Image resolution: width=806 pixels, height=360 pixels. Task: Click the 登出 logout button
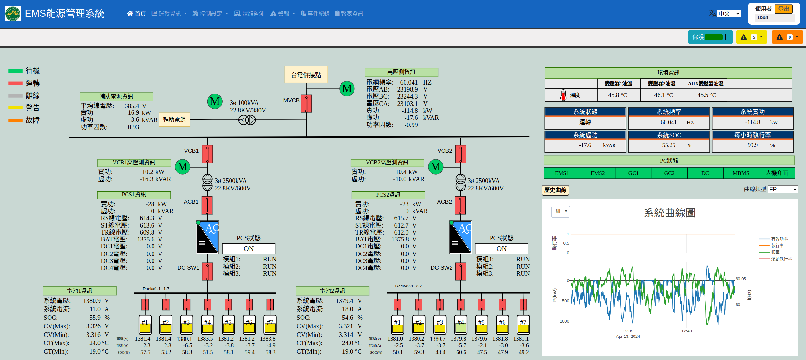click(x=783, y=9)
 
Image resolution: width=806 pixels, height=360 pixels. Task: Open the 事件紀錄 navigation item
click(x=315, y=14)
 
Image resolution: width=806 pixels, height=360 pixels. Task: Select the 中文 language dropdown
click(x=729, y=14)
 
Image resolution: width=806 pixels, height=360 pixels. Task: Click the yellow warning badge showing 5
click(x=751, y=37)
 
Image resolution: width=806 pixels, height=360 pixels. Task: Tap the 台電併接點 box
click(x=306, y=75)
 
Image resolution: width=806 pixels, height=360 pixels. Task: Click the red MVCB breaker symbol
click(x=306, y=104)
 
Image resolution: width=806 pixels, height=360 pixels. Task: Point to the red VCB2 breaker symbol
click(x=461, y=154)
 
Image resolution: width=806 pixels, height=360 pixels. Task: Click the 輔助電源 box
click(x=174, y=120)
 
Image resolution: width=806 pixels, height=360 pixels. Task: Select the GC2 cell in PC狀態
click(x=669, y=173)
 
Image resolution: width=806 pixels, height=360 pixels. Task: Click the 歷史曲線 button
click(x=555, y=190)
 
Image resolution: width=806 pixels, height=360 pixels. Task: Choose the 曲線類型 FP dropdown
click(x=783, y=189)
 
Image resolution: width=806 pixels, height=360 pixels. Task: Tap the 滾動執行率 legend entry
click(x=776, y=259)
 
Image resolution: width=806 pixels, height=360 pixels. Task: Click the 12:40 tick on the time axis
click(x=686, y=331)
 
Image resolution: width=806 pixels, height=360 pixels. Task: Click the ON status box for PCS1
click(x=249, y=249)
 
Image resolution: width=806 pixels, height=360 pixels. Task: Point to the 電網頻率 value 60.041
click(x=409, y=82)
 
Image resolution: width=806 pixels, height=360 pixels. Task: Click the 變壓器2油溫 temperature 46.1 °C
click(x=663, y=95)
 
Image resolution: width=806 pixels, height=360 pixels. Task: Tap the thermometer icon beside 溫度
click(x=563, y=95)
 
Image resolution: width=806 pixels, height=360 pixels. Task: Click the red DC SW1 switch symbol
click(x=208, y=272)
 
